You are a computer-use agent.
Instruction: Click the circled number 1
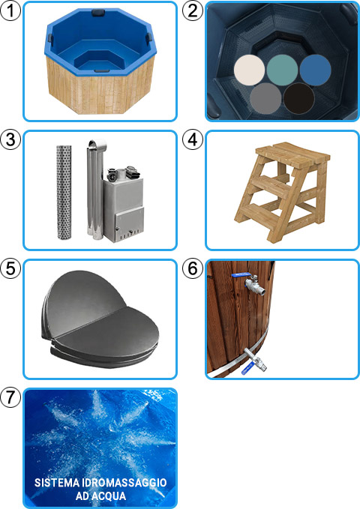click(10, 11)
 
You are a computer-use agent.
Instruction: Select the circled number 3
click(10, 140)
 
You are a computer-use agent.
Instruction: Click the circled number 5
click(10, 269)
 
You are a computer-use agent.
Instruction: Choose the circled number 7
click(10, 398)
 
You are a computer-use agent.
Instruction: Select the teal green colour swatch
click(283, 70)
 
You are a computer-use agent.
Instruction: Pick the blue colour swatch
click(316, 70)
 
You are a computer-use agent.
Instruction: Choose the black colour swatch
click(300, 98)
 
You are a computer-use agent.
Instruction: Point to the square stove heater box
click(127, 202)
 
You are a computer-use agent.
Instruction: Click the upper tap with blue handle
click(253, 283)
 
